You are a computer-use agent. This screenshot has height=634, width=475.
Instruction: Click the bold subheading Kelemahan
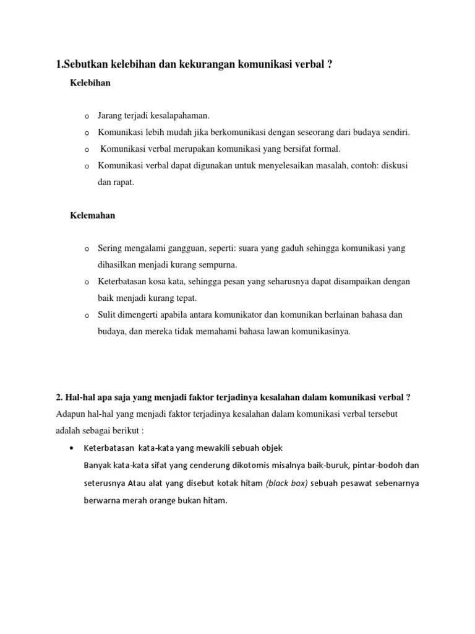click(93, 215)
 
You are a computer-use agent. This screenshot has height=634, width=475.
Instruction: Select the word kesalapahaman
click(180, 116)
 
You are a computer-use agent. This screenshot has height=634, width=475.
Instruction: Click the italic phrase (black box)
click(286, 483)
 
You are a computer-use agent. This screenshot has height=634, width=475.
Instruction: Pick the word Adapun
click(71, 414)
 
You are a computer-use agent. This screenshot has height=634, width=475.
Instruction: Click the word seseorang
click(321, 132)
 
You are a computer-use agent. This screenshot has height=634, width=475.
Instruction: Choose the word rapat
click(122, 183)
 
